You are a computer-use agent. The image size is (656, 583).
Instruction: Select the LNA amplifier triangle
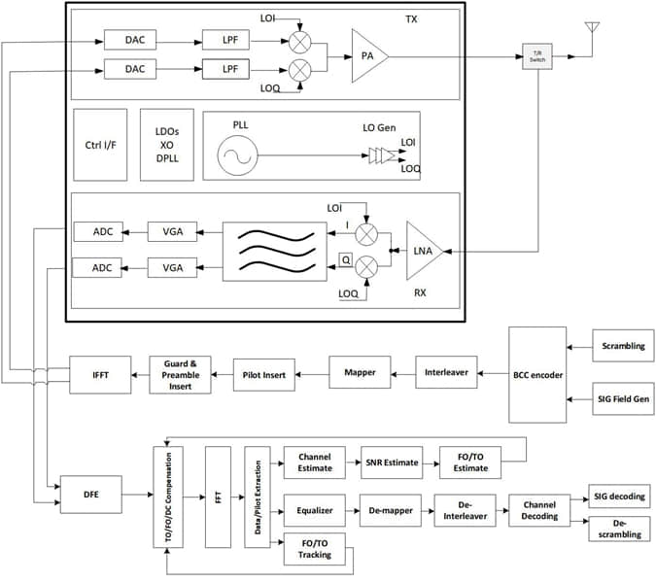pos(424,253)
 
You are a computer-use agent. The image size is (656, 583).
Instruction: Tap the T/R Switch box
pos(536,55)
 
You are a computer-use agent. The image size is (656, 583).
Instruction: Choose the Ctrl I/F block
pos(100,145)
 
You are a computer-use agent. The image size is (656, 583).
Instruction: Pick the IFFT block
pos(100,375)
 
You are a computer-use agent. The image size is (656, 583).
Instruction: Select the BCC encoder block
pos(536,375)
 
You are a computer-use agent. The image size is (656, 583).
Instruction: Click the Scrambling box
pos(623,346)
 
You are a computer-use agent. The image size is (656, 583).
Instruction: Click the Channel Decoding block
pos(538,509)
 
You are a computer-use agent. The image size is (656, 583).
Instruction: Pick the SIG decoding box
pos(618,497)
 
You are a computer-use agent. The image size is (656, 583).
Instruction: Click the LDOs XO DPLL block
pos(167,145)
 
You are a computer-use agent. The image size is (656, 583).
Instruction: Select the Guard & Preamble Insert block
pos(180,375)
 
